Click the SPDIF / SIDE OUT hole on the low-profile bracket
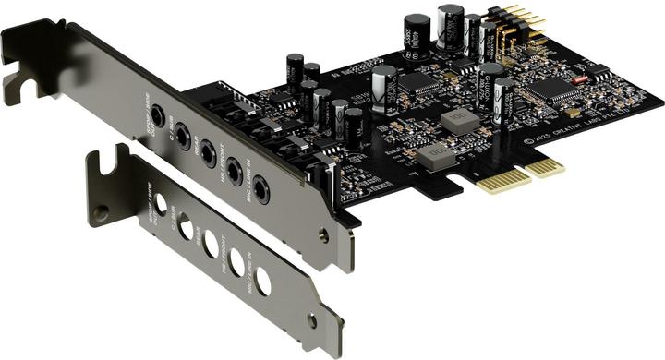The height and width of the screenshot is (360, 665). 161,205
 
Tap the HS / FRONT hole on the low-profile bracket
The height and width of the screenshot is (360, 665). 237,262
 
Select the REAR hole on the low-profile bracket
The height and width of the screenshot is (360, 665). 212,243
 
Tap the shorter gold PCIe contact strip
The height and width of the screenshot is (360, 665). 546,166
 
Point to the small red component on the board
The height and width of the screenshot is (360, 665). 580,79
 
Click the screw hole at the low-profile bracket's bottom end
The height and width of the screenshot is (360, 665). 311,321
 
